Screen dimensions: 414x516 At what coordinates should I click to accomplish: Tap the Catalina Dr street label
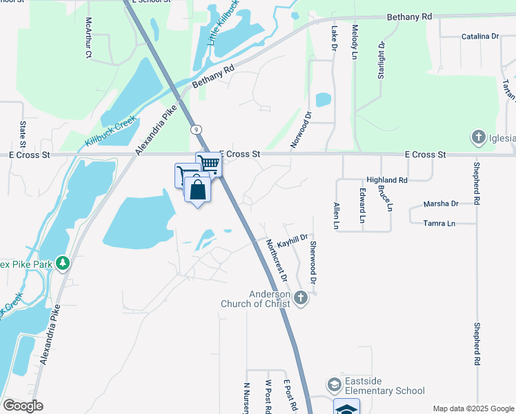click(480, 36)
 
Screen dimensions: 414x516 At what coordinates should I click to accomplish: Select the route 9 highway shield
click(198, 128)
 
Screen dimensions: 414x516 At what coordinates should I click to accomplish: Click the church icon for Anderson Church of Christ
click(299, 297)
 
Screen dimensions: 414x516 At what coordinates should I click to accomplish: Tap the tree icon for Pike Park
click(63, 263)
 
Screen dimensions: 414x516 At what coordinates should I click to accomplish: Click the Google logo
click(23, 406)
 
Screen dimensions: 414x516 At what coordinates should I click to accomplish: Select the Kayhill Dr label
click(292, 237)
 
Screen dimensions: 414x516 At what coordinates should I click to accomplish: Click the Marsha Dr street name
click(441, 204)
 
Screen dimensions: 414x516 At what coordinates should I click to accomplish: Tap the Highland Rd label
click(387, 179)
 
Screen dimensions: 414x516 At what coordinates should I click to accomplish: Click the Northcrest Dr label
click(277, 259)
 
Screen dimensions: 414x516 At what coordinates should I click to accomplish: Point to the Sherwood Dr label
click(312, 263)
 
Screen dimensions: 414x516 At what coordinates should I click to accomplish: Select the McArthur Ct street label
click(88, 39)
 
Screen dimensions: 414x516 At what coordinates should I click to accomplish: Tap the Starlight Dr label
click(381, 59)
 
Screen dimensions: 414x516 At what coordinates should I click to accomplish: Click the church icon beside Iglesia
click(477, 137)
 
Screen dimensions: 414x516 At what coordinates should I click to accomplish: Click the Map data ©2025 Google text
click(473, 408)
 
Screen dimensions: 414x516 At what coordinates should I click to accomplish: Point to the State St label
click(23, 135)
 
